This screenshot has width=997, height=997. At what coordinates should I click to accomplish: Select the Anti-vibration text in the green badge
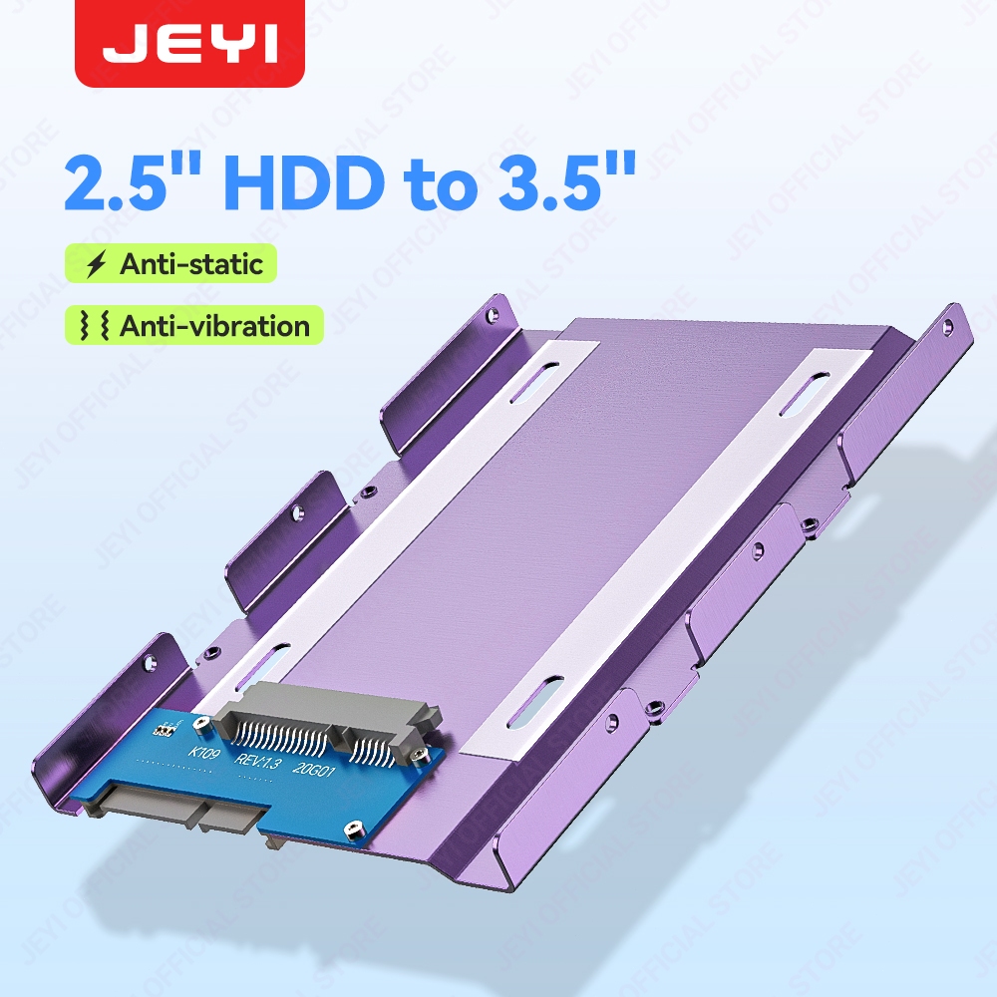point(213,326)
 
